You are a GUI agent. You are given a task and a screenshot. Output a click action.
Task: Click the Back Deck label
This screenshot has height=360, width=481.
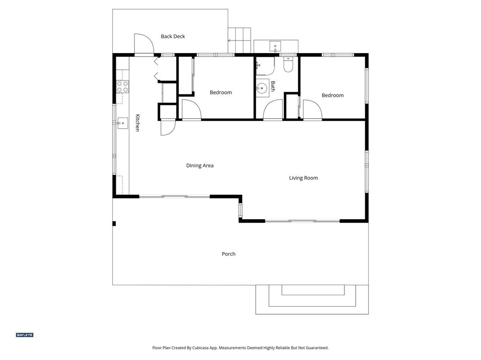pos(173,36)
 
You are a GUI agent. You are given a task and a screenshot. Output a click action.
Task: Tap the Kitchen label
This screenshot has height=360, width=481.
pos(138,123)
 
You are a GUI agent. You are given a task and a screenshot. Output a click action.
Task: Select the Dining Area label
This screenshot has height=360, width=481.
pos(200,166)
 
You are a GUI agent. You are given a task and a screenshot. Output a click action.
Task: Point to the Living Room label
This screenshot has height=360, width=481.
pos(303,178)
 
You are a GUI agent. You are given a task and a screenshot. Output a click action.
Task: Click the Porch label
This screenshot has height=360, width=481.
pos(229,254)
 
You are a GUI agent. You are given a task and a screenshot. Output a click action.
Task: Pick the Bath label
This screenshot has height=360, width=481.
pos(273,86)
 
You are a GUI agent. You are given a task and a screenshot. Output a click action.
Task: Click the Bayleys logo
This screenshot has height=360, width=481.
pos(24,335)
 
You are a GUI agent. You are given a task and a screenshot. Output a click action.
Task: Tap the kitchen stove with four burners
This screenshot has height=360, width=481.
pos(123,86)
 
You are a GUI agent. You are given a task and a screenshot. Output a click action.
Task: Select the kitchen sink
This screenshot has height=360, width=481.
pos(123,123)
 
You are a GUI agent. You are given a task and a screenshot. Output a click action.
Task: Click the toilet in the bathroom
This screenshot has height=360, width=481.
pos(288,65)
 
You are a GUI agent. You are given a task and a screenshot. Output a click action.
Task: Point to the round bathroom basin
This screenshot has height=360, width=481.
pos(261,89)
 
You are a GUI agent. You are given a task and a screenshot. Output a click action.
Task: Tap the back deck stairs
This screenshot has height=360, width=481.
pos(239,40)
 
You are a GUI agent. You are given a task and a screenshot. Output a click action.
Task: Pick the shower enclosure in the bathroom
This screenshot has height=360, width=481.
pos(266,66)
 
